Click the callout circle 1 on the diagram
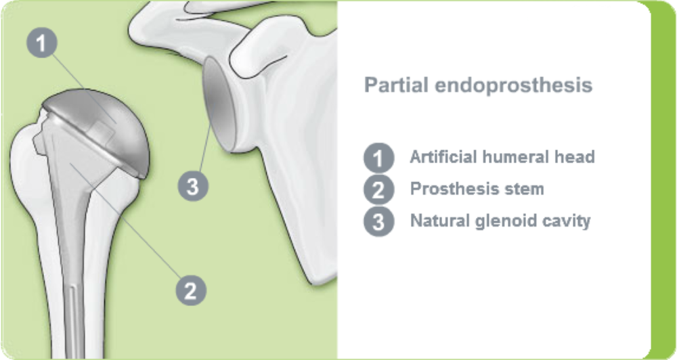coord(42,43)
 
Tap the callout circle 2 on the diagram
coord(190,291)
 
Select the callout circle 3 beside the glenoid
coord(193,186)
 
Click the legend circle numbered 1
coord(378,158)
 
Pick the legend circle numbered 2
coord(378,189)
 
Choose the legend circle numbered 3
coord(378,221)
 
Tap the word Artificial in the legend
coord(440,157)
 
